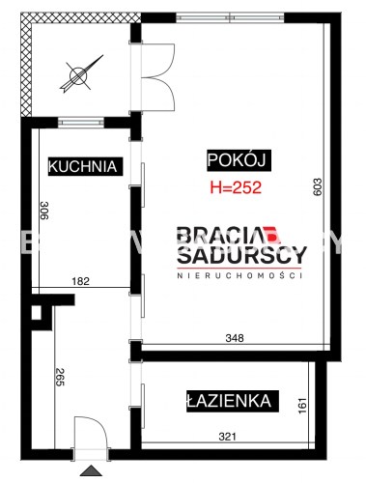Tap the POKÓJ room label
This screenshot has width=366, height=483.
click(x=239, y=160)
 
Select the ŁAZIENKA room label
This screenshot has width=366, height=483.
click(x=233, y=401)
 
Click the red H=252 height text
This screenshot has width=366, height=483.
click(x=236, y=187)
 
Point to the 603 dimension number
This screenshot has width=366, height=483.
click(x=318, y=186)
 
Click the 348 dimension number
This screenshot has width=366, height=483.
click(x=235, y=338)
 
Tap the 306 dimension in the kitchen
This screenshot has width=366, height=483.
click(x=43, y=211)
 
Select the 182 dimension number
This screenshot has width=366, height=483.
click(x=80, y=281)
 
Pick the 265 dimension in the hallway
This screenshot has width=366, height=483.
click(x=60, y=377)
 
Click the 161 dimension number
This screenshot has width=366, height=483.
click(x=303, y=406)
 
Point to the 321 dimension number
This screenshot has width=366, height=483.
click(x=228, y=437)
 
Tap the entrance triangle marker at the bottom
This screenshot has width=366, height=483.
click(x=91, y=470)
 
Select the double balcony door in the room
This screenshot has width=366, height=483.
click(x=157, y=77)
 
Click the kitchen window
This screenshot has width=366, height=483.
click(x=81, y=123)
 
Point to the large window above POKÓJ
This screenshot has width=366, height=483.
click(x=230, y=17)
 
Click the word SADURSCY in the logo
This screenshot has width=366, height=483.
click(x=242, y=255)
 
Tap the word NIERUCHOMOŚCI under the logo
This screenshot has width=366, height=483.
click(x=239, y=275)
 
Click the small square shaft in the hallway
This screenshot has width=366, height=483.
click(x=37, y=313)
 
